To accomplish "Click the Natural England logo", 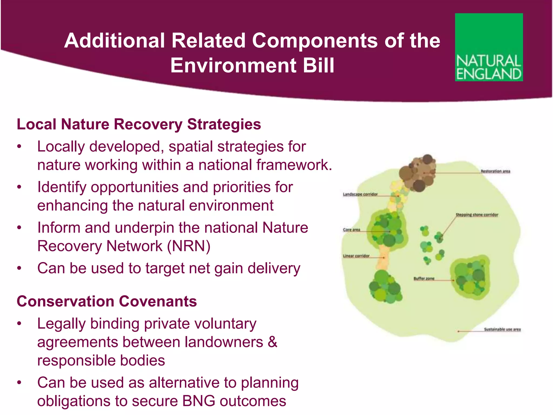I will coord(489,47).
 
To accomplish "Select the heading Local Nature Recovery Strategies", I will coord(139,124).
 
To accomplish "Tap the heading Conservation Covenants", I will coord(107,301).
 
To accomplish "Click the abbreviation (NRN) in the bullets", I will coord(188,246).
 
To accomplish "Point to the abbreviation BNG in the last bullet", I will coord(199,401).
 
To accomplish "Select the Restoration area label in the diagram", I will coord(495,171).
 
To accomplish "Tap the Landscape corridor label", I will coord(360,194).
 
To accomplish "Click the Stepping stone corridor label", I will coord(477,215).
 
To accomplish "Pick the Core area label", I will coord(351,230).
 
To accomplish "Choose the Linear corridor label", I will coord(356,256).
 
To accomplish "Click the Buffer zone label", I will coord(424,278).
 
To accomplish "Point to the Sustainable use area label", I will coord(502,329).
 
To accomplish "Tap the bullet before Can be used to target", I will coord(19,268).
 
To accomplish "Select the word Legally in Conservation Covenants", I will coord(61,324).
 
